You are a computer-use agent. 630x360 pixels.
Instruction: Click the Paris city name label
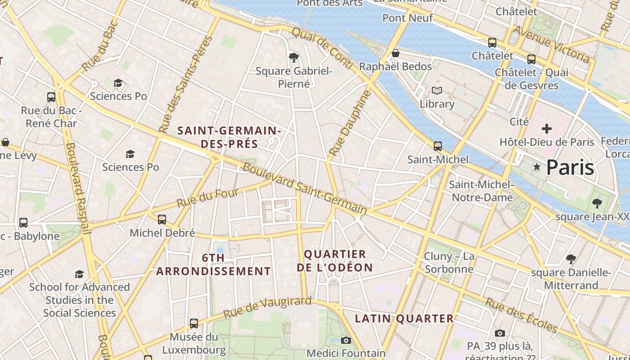tap(570, 167)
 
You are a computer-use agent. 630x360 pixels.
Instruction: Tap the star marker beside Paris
tap(536, 167)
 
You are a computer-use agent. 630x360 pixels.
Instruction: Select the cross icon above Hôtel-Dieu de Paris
tap(547, 129)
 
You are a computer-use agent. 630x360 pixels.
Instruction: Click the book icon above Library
tap(436, 90)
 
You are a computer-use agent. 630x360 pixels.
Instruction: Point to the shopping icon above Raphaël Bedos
tap(396, 53)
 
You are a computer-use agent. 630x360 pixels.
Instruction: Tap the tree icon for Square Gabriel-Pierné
tap(294, 57)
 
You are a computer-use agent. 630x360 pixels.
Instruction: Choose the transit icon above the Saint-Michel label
tap(437, 146)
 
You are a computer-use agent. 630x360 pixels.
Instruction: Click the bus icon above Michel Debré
tap(162, 220)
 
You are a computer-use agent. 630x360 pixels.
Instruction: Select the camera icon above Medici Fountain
tap(346, 340)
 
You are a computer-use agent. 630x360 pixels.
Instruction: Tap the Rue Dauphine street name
tap(350, 123)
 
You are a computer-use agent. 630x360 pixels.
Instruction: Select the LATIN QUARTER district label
tap(405, 319)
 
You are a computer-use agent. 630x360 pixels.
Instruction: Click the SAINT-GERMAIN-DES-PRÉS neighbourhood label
tap(229, 137)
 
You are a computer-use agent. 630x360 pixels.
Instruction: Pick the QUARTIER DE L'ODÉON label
tap(335, 261)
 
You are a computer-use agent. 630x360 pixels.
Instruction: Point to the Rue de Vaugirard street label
tap(267, 307)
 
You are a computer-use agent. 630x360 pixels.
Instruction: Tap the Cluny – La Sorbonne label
tap(449, 263)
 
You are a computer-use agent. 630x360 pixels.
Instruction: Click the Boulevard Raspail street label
tap(78, 188)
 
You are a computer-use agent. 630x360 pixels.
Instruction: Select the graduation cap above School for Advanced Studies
tap(80, 274)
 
